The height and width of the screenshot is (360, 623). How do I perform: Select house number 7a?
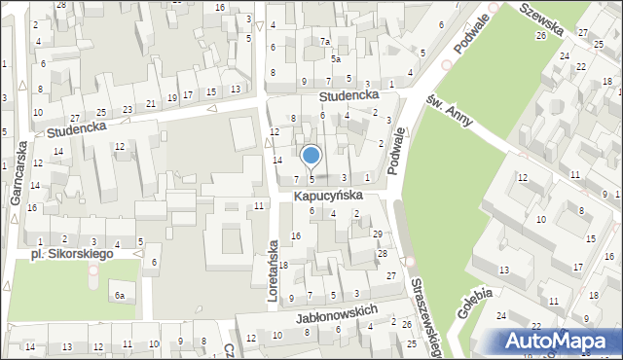pos(326,42)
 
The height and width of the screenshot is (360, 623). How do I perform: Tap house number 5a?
pos(335,58)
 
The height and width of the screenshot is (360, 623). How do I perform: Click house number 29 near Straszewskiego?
pos(378,234)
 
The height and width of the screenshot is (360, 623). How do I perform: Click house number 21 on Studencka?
pos(150,103)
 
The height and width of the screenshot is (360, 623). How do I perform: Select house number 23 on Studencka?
pos(128,110)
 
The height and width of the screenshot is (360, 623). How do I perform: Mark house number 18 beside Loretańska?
pos(284,266)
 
